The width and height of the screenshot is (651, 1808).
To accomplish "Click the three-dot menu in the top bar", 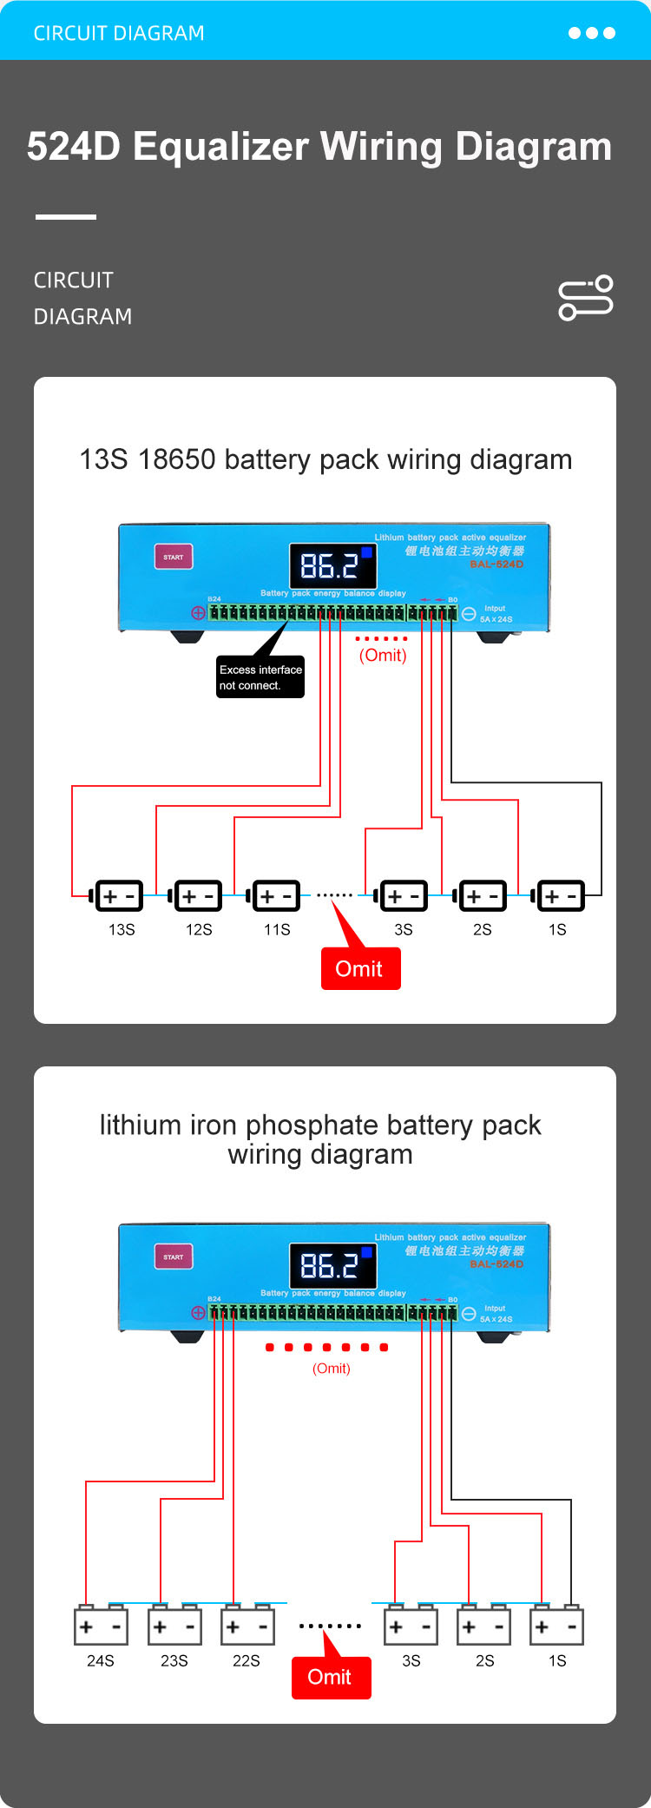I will (x=592, y=33).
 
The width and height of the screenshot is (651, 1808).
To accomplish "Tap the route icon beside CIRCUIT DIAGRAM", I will (x=586, y=298).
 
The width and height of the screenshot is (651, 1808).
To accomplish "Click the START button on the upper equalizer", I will (x=174, y=557).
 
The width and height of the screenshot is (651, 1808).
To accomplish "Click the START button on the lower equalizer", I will (x=174, y=1257).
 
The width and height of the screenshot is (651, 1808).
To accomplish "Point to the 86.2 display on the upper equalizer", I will (x=332, y=566).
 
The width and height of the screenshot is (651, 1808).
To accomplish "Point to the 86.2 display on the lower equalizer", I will (x=332, y=1266).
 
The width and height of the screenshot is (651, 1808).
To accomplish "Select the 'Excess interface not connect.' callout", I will (x=260, y=677).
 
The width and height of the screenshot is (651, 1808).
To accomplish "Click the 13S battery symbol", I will (x=118, y=896).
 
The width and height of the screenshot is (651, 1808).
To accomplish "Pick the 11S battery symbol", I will (x=276, y=896).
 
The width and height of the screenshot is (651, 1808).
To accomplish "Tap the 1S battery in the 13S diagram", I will (x=560, y=896).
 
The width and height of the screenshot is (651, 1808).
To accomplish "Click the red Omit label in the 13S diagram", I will (x=360, y=969).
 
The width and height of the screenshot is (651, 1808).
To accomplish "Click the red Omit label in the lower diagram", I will (x=331, y=1678).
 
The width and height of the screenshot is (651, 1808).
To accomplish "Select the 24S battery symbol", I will (x=101, y=1627).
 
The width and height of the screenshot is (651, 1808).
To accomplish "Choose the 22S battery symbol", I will (x=248, y=1627).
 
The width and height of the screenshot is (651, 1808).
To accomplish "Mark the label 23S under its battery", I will (x=174, y=1661).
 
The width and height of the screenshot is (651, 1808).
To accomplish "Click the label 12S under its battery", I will (x=199, y=930).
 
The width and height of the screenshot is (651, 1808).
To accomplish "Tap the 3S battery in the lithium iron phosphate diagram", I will (x=411, y=1627).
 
